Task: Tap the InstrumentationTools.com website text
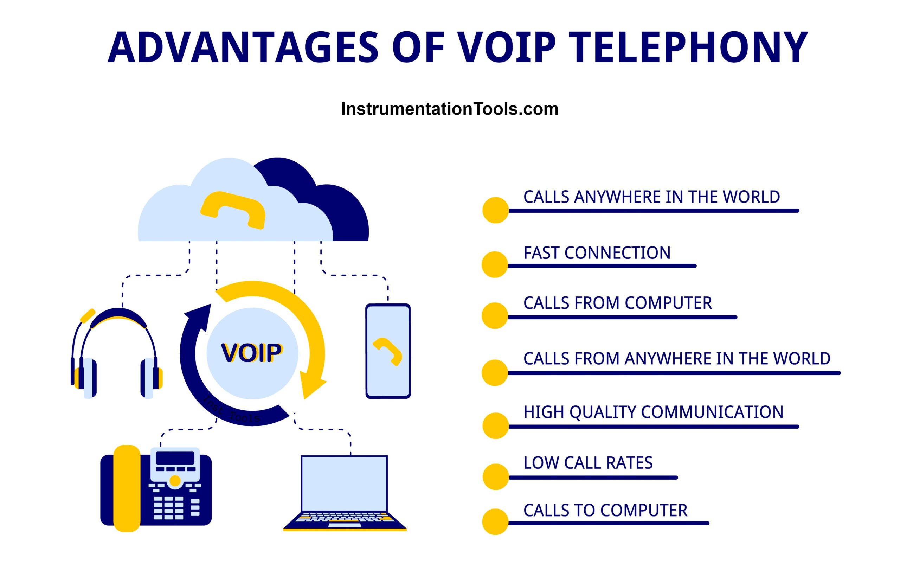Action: click(450, 109)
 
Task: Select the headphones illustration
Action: click(117, 353)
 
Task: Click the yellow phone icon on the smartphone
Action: click(387, 351)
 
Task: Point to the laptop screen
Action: click(344, 483)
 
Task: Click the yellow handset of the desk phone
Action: click(127, 488)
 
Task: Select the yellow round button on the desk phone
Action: click(175, 481)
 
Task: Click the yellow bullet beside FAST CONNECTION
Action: click(495, 264)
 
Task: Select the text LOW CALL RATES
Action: click(588, 463)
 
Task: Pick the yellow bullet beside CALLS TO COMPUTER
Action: click(496, 522)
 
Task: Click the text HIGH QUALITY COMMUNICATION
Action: click(653, 412)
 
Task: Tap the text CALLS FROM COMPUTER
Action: click(617, 303)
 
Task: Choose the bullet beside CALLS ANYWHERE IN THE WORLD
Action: click(496, 210)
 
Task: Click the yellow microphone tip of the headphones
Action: click(88, 316)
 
